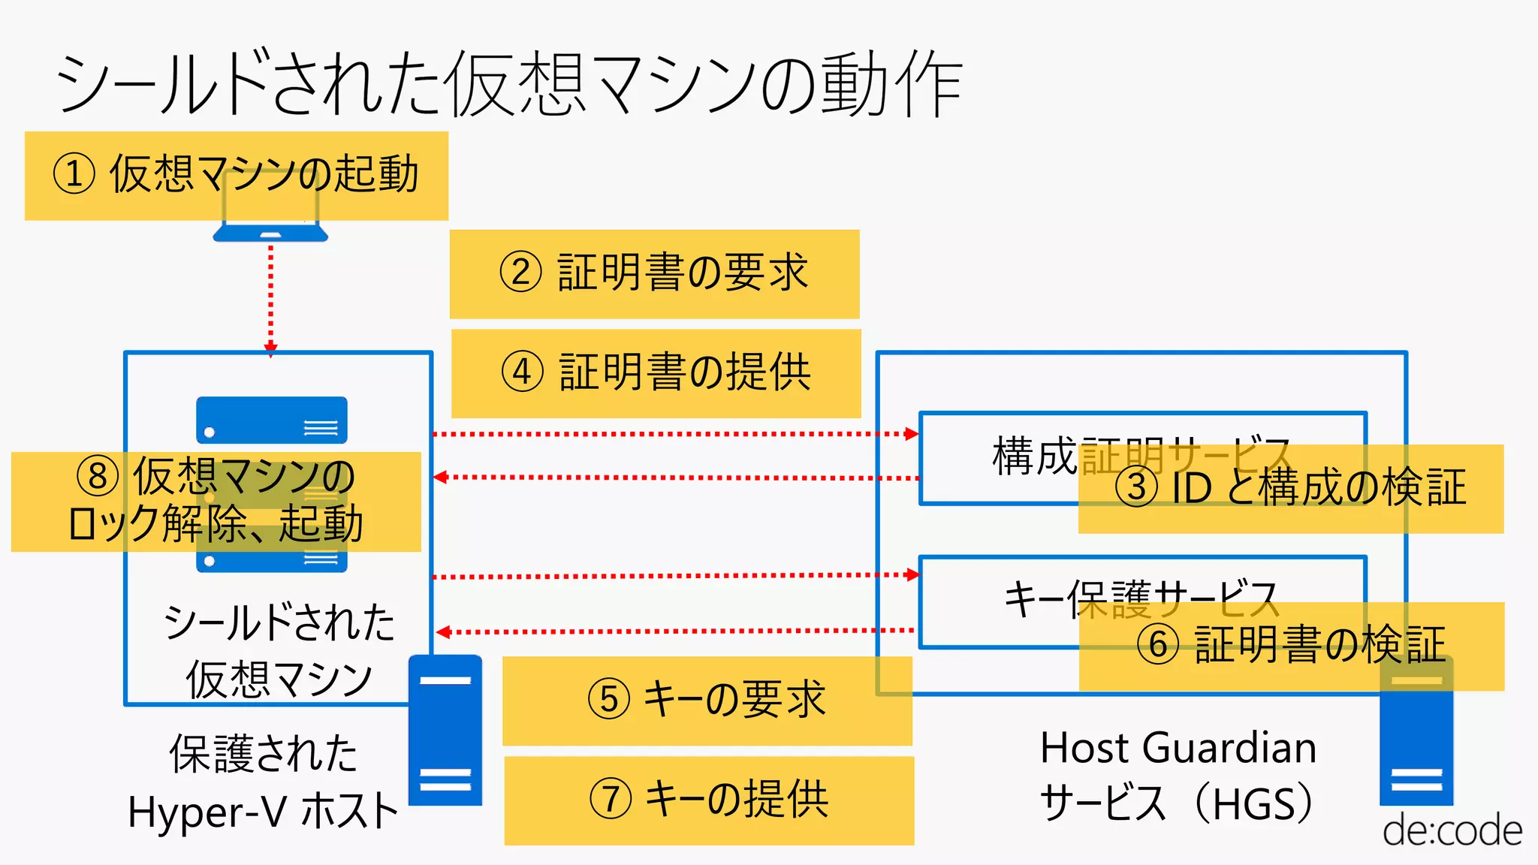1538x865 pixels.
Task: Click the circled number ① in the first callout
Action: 74,173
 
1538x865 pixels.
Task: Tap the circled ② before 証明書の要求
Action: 520,272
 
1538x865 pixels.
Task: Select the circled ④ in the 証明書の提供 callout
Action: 522,372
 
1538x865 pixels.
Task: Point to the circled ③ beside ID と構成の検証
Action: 1136,487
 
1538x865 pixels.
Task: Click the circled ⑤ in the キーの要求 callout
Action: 608,699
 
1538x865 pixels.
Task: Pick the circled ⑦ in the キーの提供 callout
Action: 610,799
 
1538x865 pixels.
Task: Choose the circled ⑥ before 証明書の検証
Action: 1158,645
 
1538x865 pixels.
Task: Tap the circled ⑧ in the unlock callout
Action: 98,476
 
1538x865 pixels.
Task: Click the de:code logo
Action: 1452,830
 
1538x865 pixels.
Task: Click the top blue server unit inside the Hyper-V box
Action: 271,421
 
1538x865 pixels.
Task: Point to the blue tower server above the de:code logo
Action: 1416,743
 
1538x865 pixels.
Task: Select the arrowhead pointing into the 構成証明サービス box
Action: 912,434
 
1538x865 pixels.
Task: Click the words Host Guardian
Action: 1178,749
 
